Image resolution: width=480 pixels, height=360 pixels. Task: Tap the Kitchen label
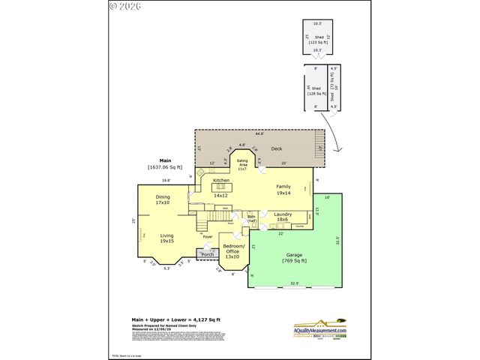pyautogui.click(x=220, y=181)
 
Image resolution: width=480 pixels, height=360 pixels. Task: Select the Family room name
pyautogui.click(x=283, y=186)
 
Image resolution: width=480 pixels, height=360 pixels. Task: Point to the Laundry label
pyautogui.click(x=283, y=215)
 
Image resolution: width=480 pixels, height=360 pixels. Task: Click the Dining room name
pyautogui.click(x=163, y=197)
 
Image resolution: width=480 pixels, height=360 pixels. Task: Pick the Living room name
pyautogui.click(x=166, y=236)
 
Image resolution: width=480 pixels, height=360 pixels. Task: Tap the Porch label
pyautogui.click(x=208, y=254)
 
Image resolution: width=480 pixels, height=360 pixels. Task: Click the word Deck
pyautogui.click(x=276, y=148)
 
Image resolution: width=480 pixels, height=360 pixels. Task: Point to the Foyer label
pyautogui.click(x=208, y=237)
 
